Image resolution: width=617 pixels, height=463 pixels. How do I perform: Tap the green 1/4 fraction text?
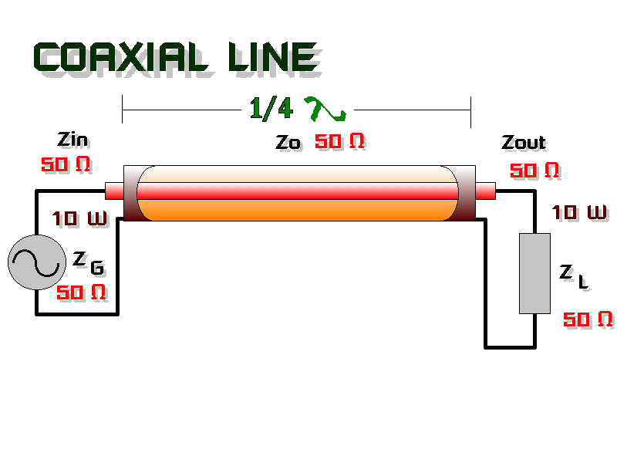click(271, 108)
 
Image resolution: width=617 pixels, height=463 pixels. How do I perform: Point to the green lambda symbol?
click(325, 109)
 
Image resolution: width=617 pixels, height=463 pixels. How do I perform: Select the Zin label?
click(72, 140)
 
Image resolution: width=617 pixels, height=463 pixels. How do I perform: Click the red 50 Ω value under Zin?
click(66, 164)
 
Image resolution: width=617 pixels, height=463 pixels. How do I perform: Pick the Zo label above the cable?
click(288, 142)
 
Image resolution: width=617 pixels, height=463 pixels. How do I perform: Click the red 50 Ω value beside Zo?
click(339, 141)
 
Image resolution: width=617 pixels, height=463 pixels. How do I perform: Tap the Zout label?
click(524, 142)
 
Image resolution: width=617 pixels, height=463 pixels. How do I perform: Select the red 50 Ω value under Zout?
click(534, 170)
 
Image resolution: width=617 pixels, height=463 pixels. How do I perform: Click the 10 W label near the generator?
click(79, 218)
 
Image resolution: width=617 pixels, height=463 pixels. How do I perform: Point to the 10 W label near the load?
click(579, 212)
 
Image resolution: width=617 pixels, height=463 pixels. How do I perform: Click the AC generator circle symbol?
click(37, 262)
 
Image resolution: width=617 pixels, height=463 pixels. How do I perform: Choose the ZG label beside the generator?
click(89, 263)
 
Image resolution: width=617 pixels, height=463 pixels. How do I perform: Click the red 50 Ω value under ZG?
click(81, 292)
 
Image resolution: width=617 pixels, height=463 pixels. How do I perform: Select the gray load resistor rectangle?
click(534, 274)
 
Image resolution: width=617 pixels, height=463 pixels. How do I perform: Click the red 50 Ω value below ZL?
click(588, 319)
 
